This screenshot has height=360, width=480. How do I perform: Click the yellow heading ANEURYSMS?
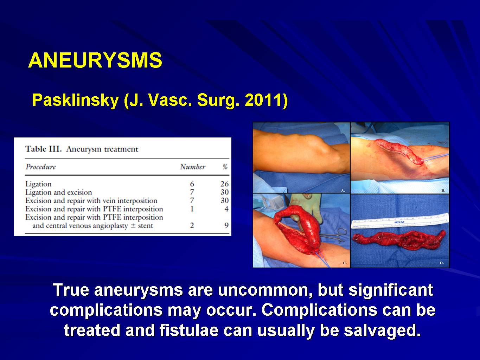tap(95, 60)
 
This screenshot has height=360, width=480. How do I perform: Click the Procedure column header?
tap(41, 167)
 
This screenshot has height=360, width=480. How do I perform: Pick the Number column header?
tap(193, 167)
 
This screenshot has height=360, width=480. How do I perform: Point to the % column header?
tap(225, 167)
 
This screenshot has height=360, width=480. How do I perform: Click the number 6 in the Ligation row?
tap(192, 184)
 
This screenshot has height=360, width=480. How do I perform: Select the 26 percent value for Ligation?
tap(225, 184)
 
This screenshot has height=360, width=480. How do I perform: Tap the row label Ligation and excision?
tap(59, 192)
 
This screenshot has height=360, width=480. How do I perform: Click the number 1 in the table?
tap(192, 209)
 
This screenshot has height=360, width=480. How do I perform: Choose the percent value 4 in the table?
tap(226, 209)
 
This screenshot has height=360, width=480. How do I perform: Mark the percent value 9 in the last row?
tap(226, 225)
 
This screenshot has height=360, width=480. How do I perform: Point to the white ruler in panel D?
tap(399, 221)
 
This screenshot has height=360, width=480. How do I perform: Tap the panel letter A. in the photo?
tap(343, 191)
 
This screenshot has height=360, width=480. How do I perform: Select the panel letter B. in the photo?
tap(443, 191)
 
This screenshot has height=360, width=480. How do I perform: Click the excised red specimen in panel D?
tap(399, 240)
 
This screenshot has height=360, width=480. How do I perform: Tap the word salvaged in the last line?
tap(383, 330)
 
